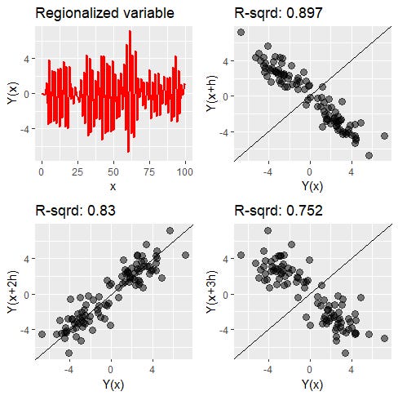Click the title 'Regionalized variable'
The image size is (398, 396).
[x=105, y=14]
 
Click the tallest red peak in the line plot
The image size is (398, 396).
[x=129, y=32]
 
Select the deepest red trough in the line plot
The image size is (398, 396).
[x=128, y=152]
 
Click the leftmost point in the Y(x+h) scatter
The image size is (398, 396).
[x=241, y=32]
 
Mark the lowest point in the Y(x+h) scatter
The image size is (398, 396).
[x=369, y=155]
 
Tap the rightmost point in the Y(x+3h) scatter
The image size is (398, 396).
[x=385, y=337]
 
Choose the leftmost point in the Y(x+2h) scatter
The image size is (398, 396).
[x=42, y=335]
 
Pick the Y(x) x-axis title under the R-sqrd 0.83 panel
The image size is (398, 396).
[x=113, y=384]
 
